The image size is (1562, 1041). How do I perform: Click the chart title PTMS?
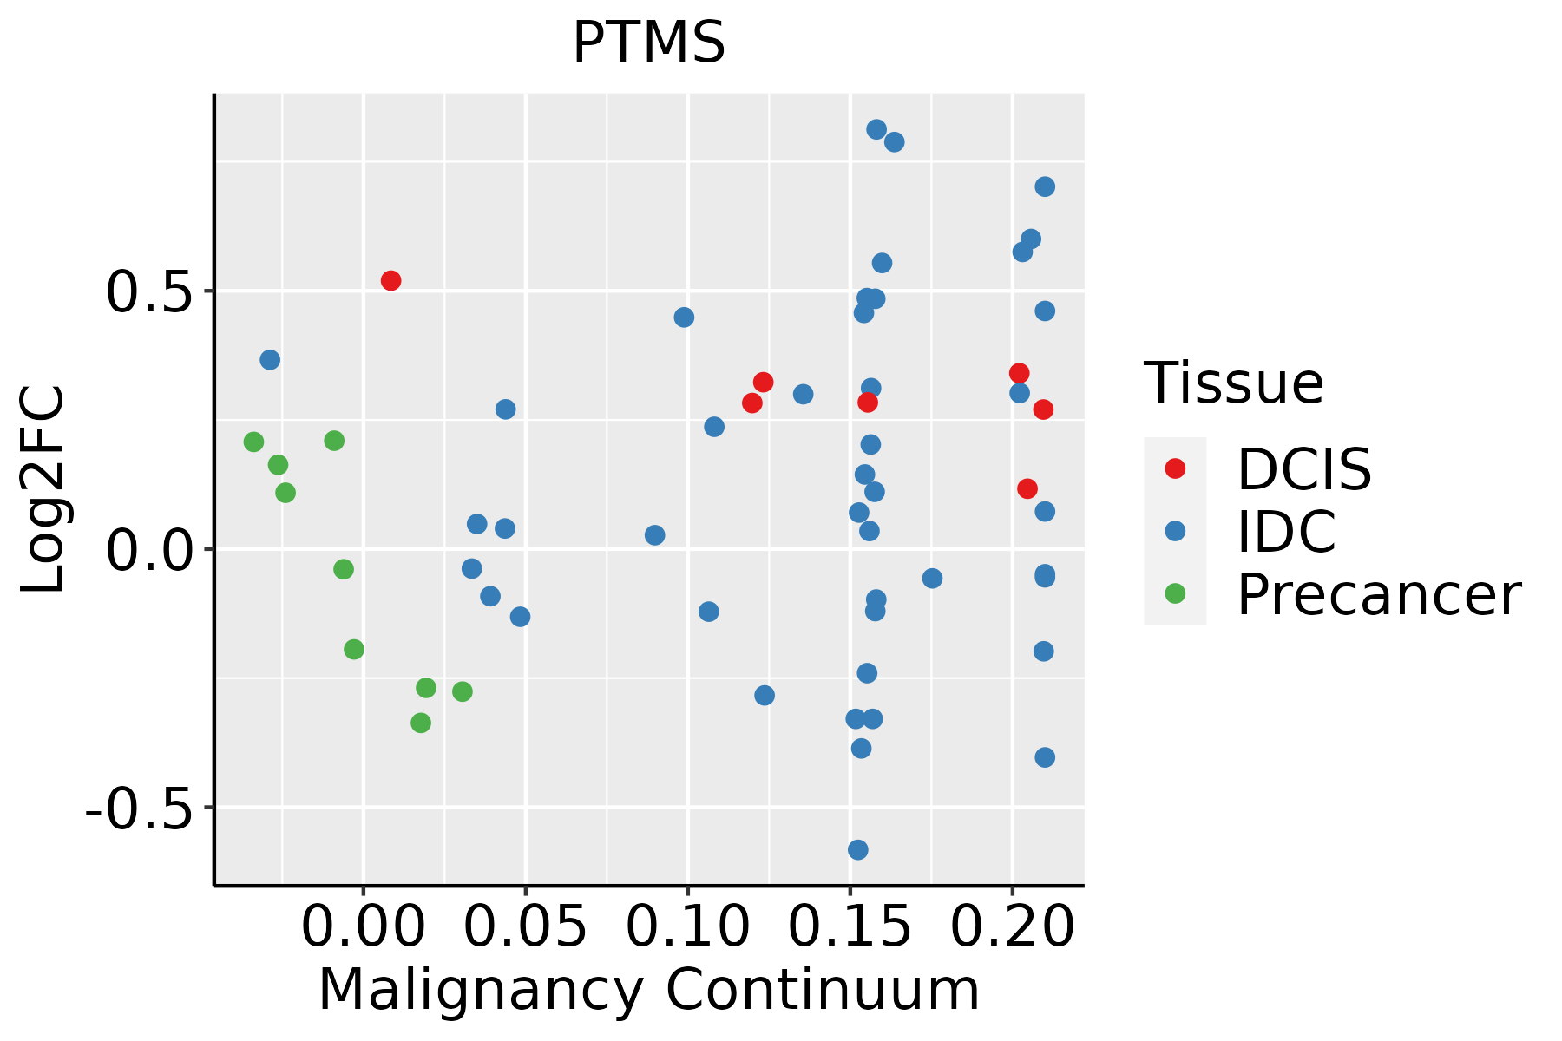click(x=648, y=43)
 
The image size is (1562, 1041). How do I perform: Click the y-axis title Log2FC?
click(x=43, y=490)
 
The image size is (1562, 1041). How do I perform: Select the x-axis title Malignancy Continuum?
click(x=648, y=991)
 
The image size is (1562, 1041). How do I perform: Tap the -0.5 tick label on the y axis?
click(x=138, y=809)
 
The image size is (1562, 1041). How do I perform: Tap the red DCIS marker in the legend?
click(x=1175, y=468)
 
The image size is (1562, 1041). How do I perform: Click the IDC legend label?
click(x=1286, y=532)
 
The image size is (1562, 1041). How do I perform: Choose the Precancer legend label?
click(x=1378, y=595)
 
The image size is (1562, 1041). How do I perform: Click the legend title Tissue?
click(x=1233, y=383)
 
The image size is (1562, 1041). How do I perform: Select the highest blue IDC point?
click(x=876, y=129)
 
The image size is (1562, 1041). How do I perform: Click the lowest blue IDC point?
click(x=858, y=849)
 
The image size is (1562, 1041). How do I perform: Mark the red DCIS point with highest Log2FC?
click(x=390, y=280)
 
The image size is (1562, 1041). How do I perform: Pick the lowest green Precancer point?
click(x=421, y=723)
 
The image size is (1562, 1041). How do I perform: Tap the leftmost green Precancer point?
click(x=253, y=442)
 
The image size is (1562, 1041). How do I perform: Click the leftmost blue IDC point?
click(x=270, y=359)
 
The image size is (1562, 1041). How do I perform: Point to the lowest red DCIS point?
click(x=1027, y=488)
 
